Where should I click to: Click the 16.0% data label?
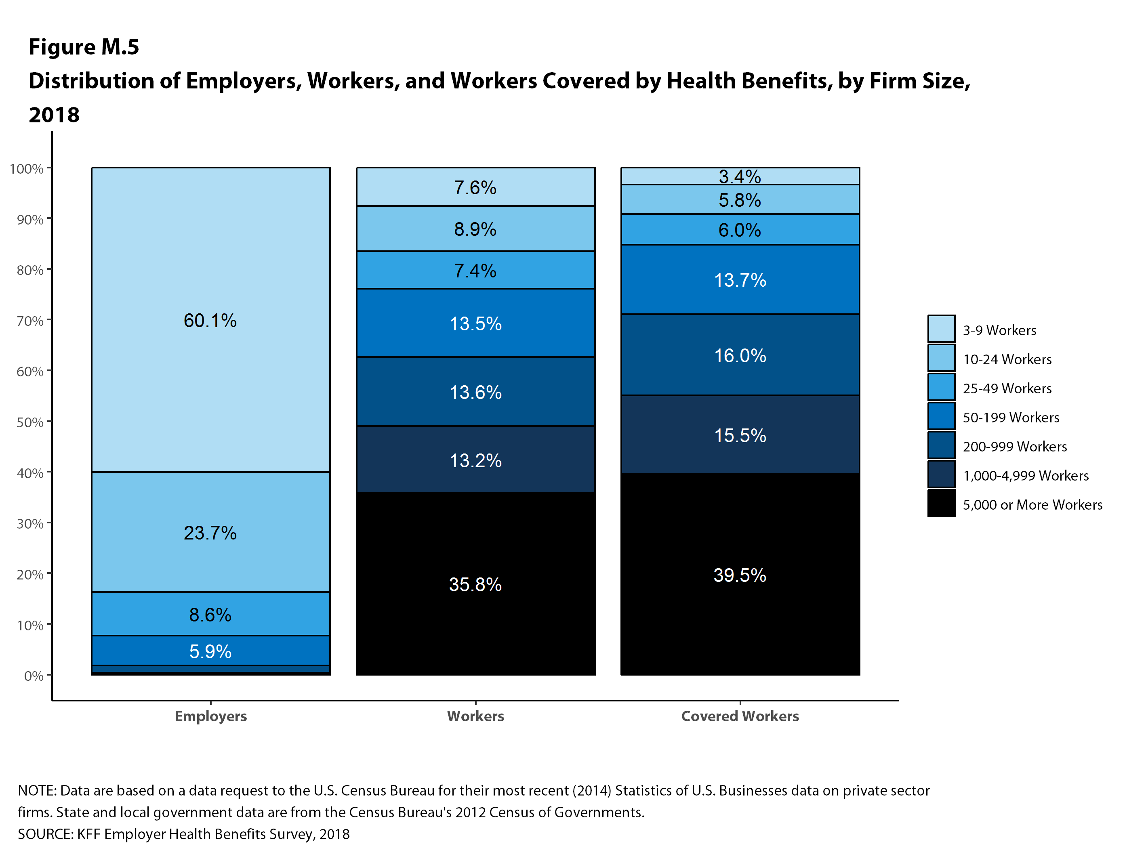pos(740,355)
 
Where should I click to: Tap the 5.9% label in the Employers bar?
pos(210,651)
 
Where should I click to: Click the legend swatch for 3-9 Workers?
pos(941,329)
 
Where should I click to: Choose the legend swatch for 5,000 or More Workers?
pos(941,503)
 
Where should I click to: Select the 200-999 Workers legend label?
pos(1014,446)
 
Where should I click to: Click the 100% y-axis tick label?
pos(27,168)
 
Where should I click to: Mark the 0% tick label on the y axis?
pos(34,676)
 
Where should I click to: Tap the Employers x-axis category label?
pos(210,716)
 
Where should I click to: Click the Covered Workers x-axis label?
pos(740,716)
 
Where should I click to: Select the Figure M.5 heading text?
pos(84,47)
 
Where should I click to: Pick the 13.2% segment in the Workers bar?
pos(475,460)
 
